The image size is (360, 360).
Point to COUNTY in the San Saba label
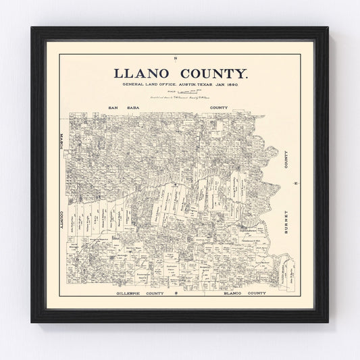coord(218,107)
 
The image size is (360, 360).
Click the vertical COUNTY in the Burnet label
coord(295,161)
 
